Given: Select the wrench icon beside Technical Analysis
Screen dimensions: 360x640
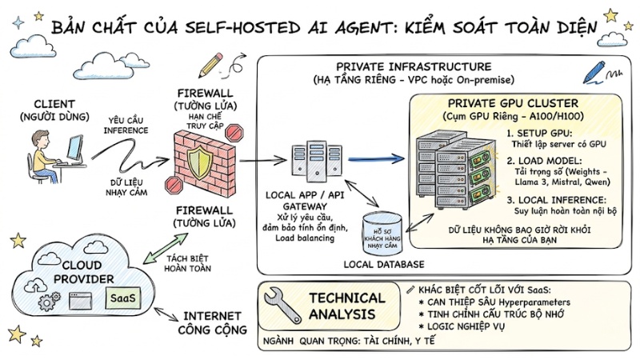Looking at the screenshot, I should [282, 306].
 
